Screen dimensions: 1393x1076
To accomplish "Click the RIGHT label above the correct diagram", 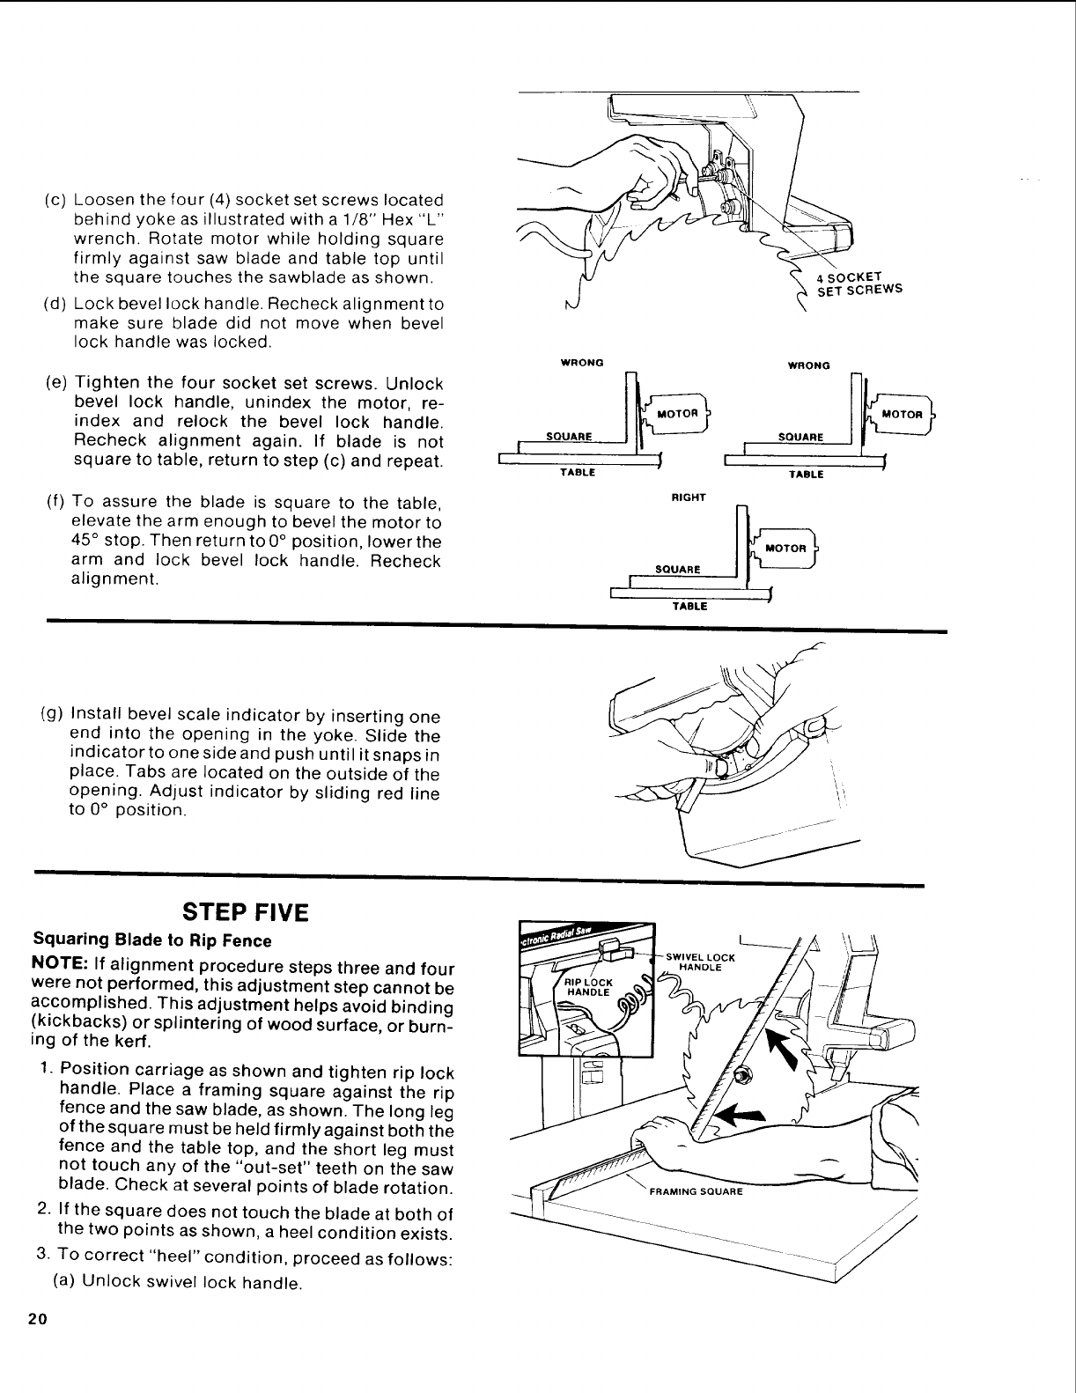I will point(689,497).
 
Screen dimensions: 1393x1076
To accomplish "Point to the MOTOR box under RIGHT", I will point(785,548).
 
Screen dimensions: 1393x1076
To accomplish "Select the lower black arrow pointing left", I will point(736,1115).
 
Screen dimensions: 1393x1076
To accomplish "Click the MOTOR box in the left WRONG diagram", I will point(677,413).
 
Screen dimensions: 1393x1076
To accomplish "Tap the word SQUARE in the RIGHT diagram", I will point(678,569).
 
